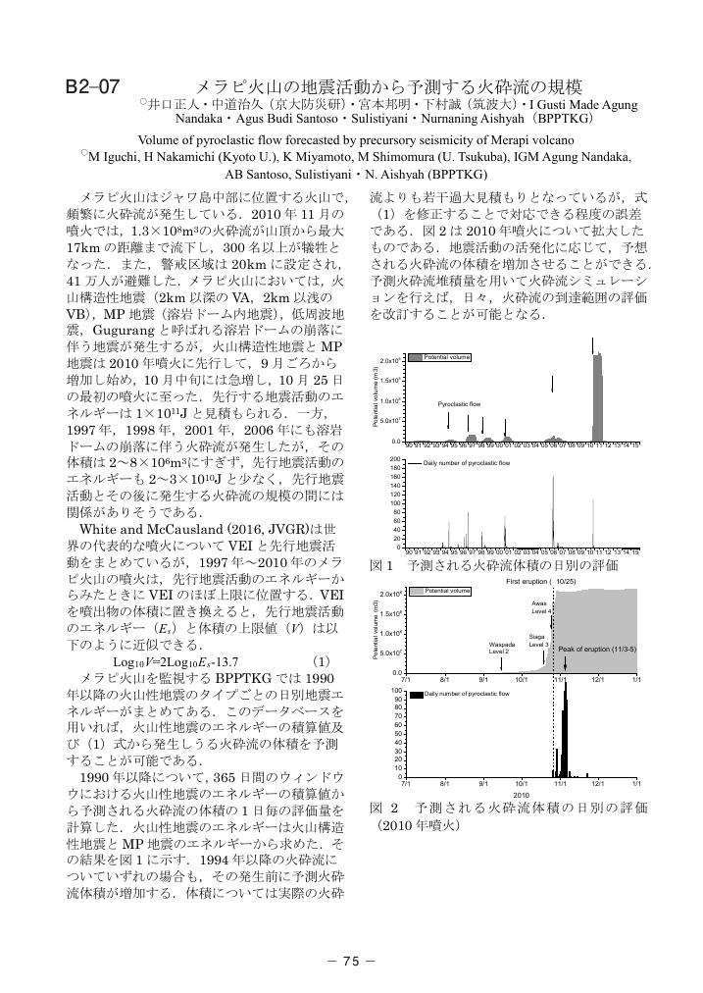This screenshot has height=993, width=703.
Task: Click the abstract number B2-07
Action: click(92, 85)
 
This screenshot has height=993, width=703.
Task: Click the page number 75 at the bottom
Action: click(352, 962)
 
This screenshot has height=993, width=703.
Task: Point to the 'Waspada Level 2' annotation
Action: click(499, 647)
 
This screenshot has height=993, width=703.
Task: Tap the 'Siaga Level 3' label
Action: click(537, 640)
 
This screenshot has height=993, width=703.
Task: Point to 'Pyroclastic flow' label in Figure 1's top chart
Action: click(459, 404)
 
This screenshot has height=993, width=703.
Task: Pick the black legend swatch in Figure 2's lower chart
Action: click(416, 694)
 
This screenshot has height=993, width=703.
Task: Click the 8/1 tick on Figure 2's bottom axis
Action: click(444, 783)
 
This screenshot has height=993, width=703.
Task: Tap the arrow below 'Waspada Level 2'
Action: click(500, 663)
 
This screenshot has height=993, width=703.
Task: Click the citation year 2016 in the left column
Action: click(224, 528)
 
